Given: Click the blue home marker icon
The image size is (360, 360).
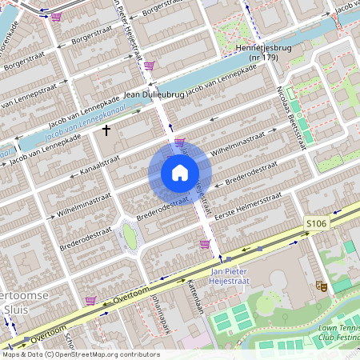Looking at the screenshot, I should (x=180, y=173).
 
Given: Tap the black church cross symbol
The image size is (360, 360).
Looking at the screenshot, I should (x=106, y=129).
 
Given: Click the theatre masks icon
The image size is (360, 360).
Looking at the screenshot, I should (x=322, y=285).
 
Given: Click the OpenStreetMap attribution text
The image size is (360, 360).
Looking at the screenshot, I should (x=80, y=354).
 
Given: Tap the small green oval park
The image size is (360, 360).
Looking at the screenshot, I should (x=129, y=236).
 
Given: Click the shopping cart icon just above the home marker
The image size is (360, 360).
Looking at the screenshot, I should (x=179, y=142).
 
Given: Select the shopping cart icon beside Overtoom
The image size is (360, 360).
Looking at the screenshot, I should (x=90, y=301).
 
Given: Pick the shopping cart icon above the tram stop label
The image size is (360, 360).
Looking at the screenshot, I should (x=205, y=244).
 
